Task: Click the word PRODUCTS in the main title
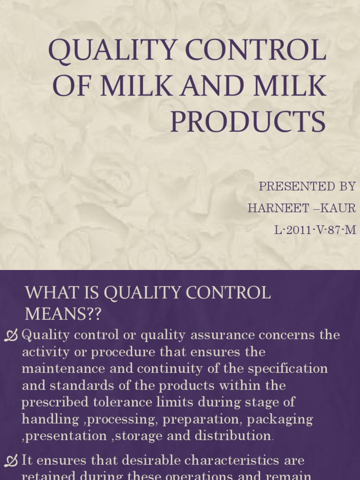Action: (247, 122)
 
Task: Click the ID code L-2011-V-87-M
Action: (315, 230)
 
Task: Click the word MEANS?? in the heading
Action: (63, 314)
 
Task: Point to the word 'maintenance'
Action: (64, 368)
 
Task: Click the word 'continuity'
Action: (171, 368)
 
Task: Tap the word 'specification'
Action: (288, 368)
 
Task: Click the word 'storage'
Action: (139, 436)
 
